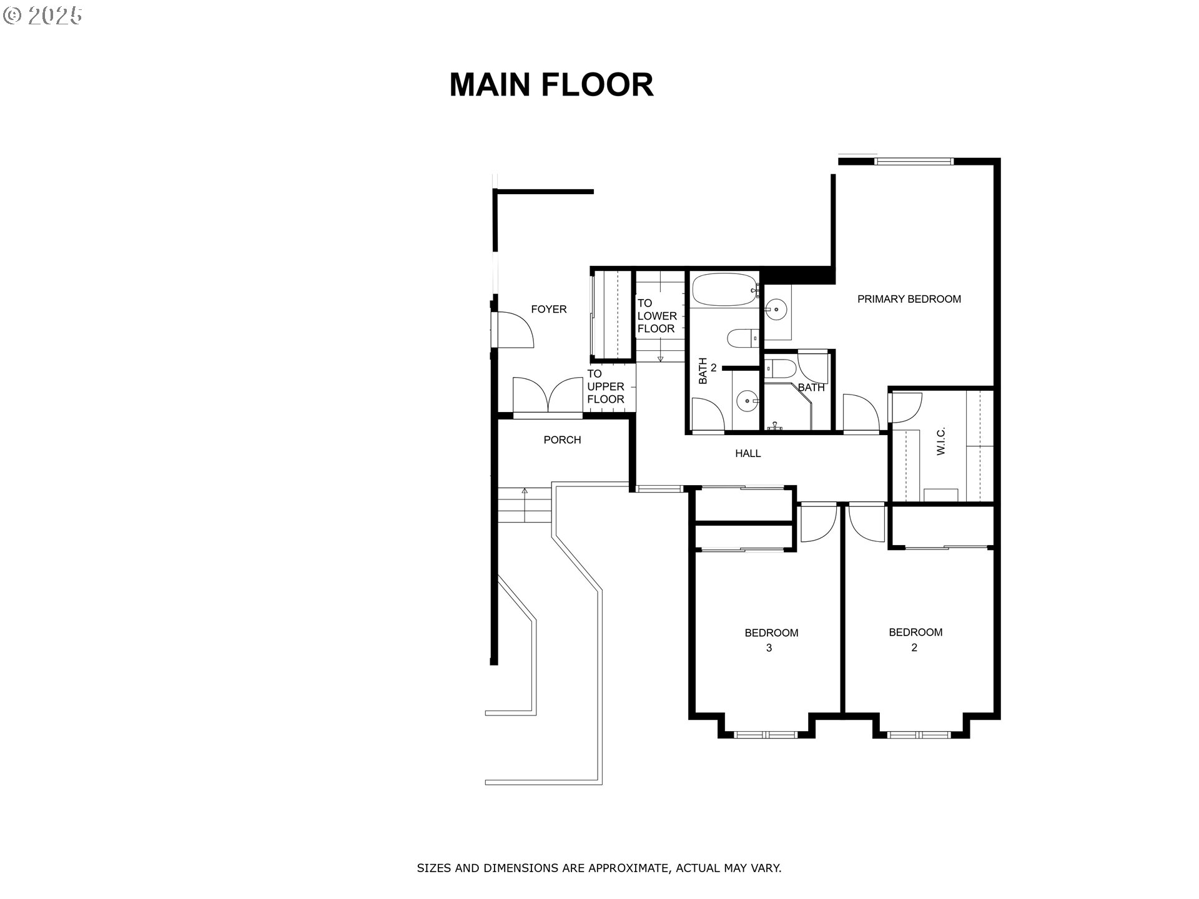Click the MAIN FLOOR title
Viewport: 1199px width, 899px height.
point(551,85)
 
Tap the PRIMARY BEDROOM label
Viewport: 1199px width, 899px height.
point(909,299)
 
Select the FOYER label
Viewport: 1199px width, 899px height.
point(548,309)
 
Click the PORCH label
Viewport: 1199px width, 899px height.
point(562,440)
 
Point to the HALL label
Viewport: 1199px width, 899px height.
point(748,453)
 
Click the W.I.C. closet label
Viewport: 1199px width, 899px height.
point(941,441)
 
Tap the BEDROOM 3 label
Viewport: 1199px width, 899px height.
point(771,640)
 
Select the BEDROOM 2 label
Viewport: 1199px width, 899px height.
point(915,639)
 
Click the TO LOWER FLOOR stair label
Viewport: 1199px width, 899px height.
point(656,316)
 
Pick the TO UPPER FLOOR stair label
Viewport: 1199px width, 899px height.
point(604,386)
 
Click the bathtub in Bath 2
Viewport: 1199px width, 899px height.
point(723,290)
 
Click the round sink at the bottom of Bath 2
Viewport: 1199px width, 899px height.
point(746,401)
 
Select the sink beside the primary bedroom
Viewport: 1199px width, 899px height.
point(776,308)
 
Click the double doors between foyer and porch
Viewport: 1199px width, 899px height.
point(548,396)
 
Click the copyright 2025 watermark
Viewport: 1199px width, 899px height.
point(42,16)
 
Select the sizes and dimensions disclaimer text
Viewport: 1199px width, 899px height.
point(599,868)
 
